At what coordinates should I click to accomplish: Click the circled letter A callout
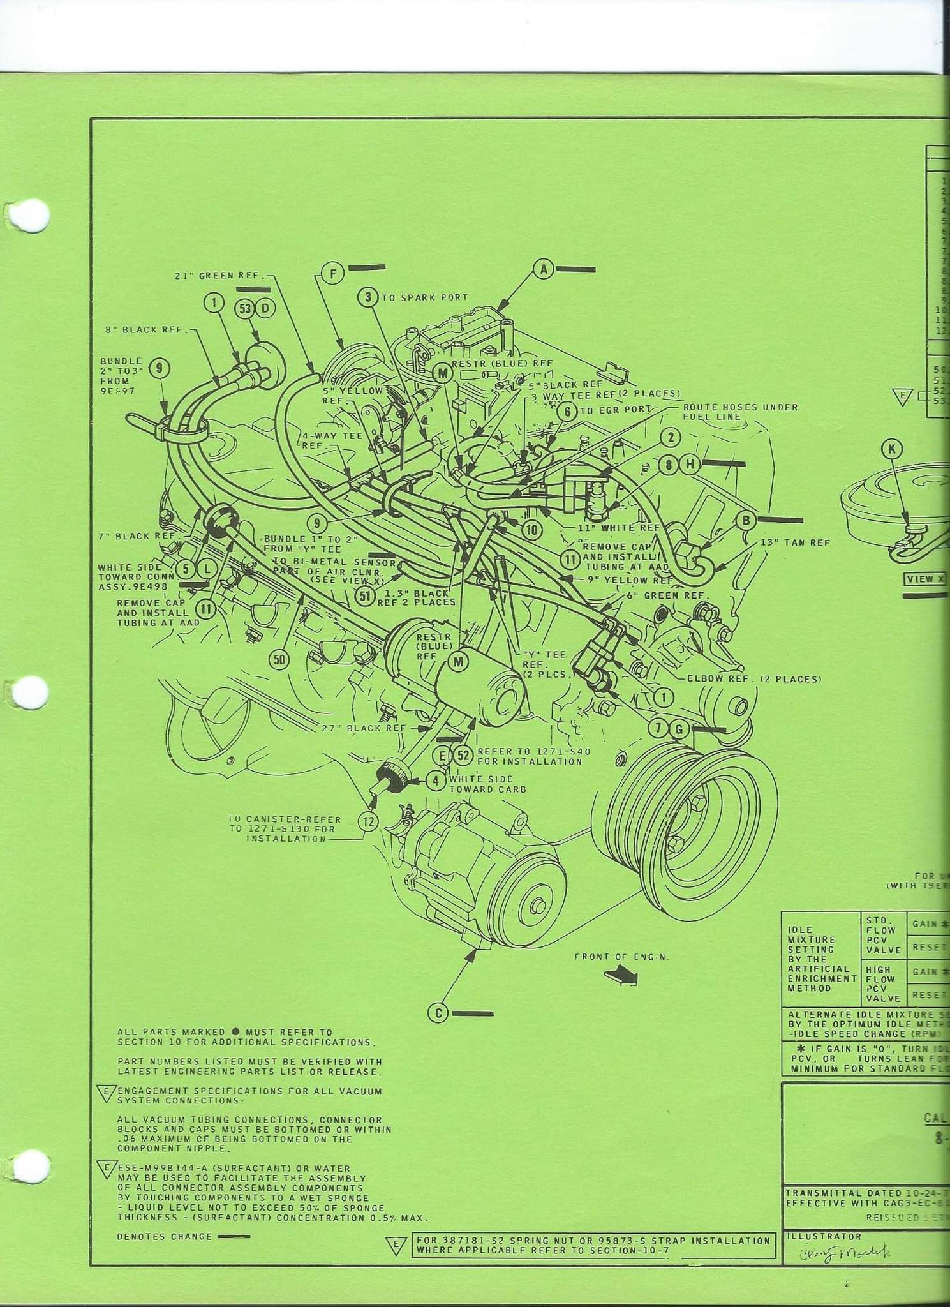[x=544, y=270]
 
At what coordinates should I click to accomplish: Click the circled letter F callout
[x=332, y=274]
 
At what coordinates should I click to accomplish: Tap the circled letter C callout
[x=438, y=1013]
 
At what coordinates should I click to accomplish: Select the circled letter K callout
[x=891, y=449]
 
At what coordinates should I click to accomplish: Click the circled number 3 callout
[x=368, y=297]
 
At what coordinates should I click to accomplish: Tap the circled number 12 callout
[x=368, y=821]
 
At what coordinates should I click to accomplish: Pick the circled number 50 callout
[x=279, y=659]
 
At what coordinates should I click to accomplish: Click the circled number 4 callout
[x=436, y=780]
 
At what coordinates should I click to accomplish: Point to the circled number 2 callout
[x=671, y=437]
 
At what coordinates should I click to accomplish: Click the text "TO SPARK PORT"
[x=425, y=297]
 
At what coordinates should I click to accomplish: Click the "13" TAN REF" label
[x=795, y=542]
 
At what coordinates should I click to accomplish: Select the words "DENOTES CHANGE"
[x=164, y=1236]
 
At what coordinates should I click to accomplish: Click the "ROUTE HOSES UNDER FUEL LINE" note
[x=739, y=412]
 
